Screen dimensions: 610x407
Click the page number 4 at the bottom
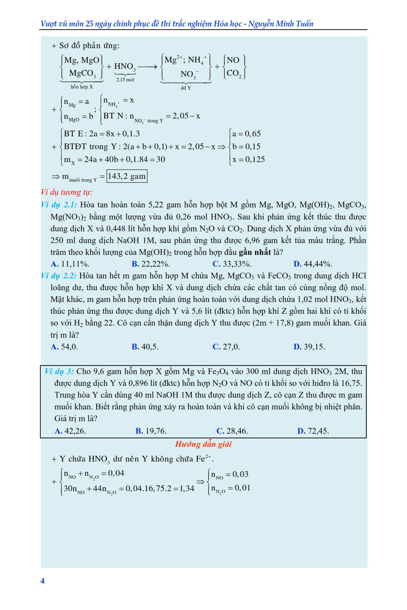coord(42,581)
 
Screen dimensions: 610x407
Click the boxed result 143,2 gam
coord(127,176)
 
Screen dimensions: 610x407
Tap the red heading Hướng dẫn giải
coord(203,444)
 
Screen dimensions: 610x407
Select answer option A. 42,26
coord(70,431)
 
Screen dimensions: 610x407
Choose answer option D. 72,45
coord(313,431)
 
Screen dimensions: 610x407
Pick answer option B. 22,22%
coord(151,264)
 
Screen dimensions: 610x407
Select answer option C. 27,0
coord(226,347)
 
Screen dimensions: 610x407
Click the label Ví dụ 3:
coord(59,371)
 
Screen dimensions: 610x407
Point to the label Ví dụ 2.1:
coord(59,205)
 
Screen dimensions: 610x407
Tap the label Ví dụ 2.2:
coord(59,276)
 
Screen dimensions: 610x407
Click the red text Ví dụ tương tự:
coord(67,192)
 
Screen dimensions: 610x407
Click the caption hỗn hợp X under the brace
coord(82,87)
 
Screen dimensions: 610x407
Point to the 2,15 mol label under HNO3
coord(125,80)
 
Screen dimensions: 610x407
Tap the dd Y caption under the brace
coord(186,88)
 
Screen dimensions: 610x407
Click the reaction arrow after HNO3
coord(147,67)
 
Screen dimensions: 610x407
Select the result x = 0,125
coord(248,160)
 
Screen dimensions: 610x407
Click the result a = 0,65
coord(246,134)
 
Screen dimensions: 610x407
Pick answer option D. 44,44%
coord(313,264)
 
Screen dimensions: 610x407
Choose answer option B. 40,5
coord(145,347)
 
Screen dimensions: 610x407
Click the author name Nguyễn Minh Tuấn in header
coord(281,24)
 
